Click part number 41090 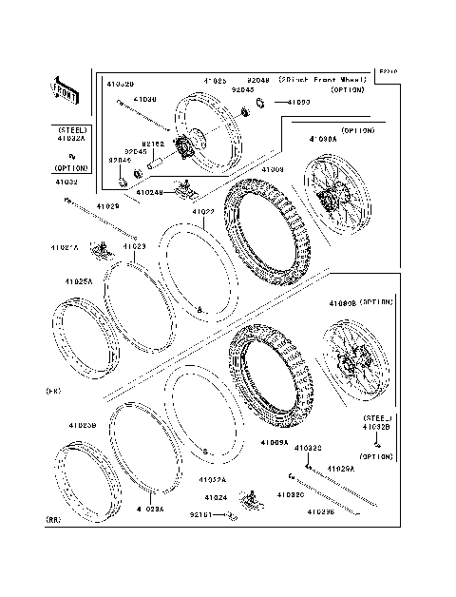click(298, 101)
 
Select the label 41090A click(323, 139)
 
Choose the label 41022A click(213, 480)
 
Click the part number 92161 click(200, 514)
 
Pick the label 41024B click(149, 192)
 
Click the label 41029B click(319, 511)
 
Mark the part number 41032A click(71, 138)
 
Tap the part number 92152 click(154, 144)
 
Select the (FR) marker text click(53, 391)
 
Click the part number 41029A click(340, 469)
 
